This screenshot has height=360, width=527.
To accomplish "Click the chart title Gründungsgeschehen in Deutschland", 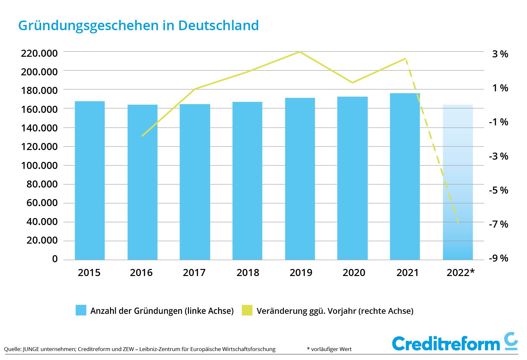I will coord(138,25).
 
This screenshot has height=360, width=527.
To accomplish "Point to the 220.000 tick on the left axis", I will coord(39,53).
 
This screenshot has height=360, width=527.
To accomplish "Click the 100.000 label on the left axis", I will coord(39,166).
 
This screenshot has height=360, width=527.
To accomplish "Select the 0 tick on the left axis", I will coord(55,259).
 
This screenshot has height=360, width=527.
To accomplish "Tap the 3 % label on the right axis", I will coord(500,54).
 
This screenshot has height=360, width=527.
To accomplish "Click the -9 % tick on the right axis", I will coord(498,258).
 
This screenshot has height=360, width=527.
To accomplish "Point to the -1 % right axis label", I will coord(498,122).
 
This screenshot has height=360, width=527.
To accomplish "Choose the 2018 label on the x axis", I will coord(248,273).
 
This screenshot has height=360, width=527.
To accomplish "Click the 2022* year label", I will coord(461,273).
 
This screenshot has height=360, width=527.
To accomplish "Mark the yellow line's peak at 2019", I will coord(300,52).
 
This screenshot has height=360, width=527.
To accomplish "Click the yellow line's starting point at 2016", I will coord(142,136).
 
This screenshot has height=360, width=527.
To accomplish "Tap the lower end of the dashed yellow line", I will coord(458,222).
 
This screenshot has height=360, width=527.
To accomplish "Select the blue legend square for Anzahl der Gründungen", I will coord(81,310).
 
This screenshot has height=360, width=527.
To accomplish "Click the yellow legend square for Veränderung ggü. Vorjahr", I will coord(247,310).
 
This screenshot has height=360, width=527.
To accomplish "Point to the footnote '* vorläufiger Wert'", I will coord(329,349).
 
